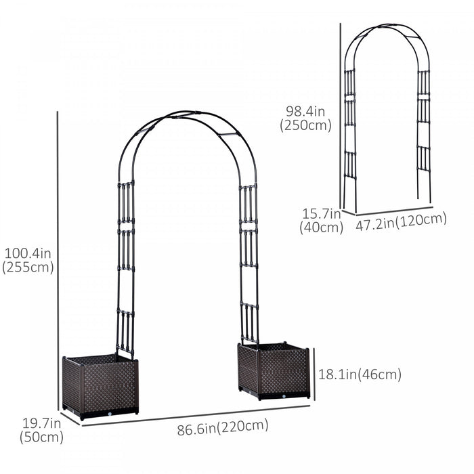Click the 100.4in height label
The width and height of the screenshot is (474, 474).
28,253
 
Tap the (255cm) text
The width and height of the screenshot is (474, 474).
28,267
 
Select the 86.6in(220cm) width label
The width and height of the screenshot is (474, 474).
223,427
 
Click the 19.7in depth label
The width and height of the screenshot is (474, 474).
41,423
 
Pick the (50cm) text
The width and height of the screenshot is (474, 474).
42,437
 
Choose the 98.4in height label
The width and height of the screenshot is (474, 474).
305,110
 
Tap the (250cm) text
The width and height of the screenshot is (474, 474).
305,125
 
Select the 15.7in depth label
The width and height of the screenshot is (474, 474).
321,214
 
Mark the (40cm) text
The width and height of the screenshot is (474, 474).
321,228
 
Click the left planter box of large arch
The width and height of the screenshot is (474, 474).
100,386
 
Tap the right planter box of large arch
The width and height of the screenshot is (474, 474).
274,370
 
